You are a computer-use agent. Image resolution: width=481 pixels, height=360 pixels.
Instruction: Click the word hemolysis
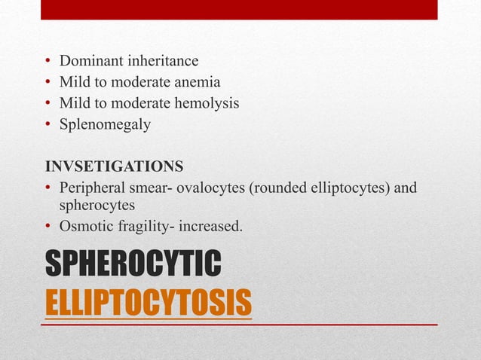[x=206, y=102]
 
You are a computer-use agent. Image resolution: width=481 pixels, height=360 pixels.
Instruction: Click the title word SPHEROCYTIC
[x=133, y=265]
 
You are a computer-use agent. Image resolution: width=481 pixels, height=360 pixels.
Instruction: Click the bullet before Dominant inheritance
[x=47, y=60]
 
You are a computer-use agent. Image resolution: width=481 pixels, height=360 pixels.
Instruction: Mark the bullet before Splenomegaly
[x=47, y=124]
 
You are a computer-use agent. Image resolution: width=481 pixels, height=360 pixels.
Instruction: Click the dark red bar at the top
[x=240, y=9]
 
